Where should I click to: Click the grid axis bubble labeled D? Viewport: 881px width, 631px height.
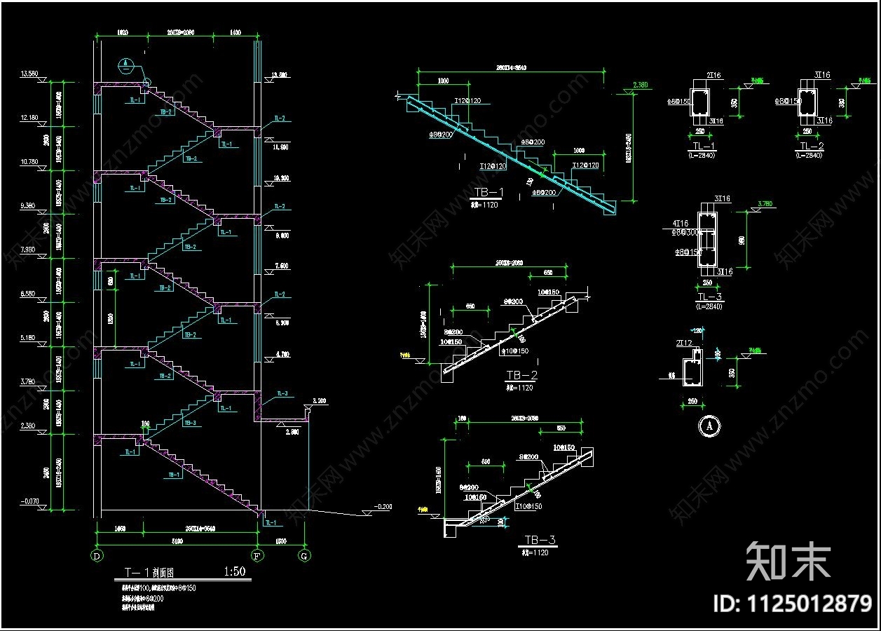(x=96, y=556)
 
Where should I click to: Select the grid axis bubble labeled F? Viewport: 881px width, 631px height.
(x=259, y=556)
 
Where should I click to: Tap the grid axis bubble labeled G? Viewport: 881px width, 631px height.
(x=304, y=556)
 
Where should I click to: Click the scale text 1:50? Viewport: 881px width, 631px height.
(x=234, y=571)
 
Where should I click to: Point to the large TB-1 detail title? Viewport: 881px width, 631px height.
(x=489, y=193)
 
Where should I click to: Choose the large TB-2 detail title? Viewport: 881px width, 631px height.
(x=521, y=376)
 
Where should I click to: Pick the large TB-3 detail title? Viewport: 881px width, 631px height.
(x=540, y=540)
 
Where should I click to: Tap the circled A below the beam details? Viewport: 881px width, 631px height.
(x=709, y=425)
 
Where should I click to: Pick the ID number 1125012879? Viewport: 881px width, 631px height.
(x=792, y=603)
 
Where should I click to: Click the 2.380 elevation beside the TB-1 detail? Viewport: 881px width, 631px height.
(x=640, y=85)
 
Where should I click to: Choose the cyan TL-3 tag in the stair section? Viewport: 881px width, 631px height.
(x=281, y=394)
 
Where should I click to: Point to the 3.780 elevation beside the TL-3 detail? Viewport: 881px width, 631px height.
(x=765, y=204)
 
